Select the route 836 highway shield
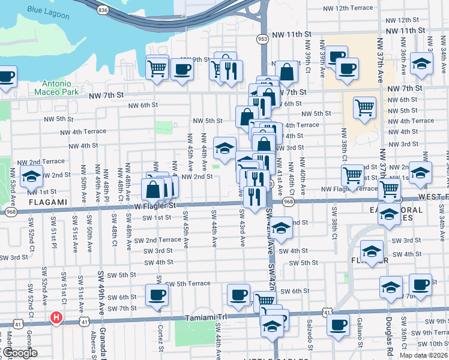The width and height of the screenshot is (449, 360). pos(102,10)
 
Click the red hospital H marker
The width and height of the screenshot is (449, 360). pos(56,317)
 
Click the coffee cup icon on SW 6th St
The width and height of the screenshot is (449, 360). pos(239,295)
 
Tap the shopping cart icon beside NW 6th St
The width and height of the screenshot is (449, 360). pos(364,107)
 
